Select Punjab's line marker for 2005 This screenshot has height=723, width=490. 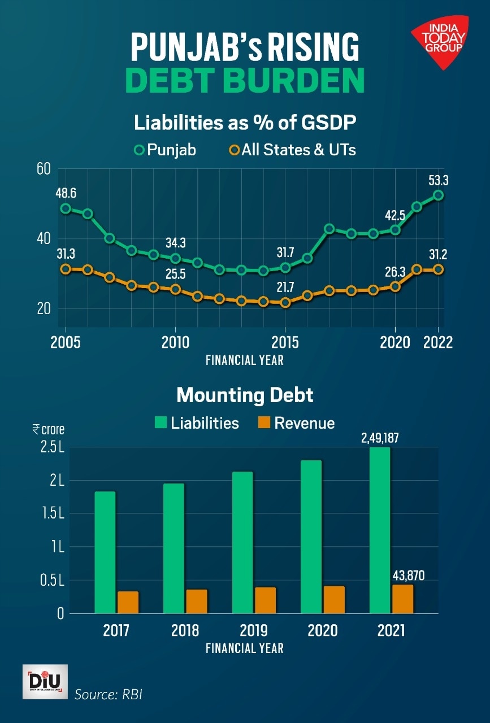(66, 208)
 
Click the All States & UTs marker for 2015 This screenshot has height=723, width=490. (285, 302)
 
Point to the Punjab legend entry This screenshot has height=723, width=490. (165, 150)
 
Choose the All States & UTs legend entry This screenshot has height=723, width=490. (292, 150)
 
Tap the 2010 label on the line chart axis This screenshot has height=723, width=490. (175, 343)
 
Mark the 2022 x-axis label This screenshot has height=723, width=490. (438, 343)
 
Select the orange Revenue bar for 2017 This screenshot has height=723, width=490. (128, 602)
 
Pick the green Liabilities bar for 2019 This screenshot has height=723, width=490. (242, 542)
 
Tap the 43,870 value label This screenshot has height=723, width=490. (408, 576)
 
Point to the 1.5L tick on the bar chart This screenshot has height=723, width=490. (53, 514)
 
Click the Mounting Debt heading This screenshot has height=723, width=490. (245, 395)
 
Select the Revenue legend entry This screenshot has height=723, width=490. (296, 423)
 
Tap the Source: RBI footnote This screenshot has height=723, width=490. (109, 694)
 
